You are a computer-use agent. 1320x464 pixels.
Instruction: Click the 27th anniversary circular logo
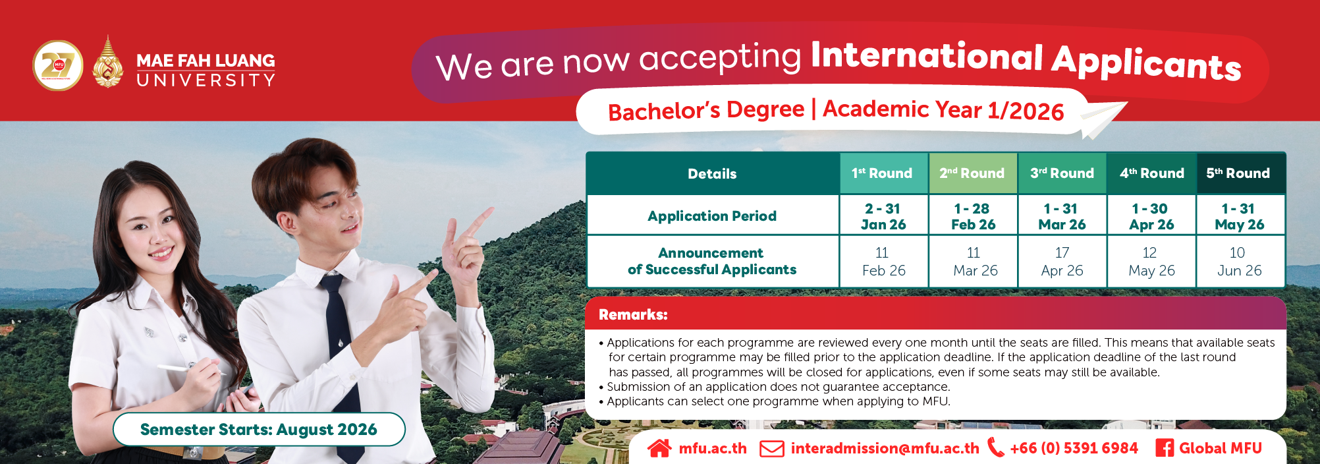pos(58,65)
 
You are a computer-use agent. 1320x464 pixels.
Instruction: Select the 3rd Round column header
pos(1062,173)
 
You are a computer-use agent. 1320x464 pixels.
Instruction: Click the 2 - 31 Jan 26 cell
pos(883,216)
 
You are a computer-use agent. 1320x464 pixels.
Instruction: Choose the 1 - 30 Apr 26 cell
pos(1151,216)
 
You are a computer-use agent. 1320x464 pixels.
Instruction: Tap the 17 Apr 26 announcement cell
pos(1062,262)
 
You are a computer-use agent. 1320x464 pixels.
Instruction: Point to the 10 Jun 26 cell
pos(1240,262)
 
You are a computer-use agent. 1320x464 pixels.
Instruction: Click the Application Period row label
pos(712,216)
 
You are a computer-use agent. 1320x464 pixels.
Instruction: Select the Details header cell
pos(712,174)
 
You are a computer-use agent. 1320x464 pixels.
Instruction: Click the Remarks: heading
pos(633,315)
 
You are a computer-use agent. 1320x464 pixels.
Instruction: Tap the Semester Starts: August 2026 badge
pos(259,430)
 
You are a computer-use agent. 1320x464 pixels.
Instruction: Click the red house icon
pos(659,448)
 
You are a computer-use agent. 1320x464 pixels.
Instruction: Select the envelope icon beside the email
pos(772,449)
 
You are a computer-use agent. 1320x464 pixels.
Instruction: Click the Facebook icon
pos(1165,448)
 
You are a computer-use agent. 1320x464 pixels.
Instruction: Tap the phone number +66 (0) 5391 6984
pos(1074,448)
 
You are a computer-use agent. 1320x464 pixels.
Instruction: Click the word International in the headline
pos(927,56)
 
